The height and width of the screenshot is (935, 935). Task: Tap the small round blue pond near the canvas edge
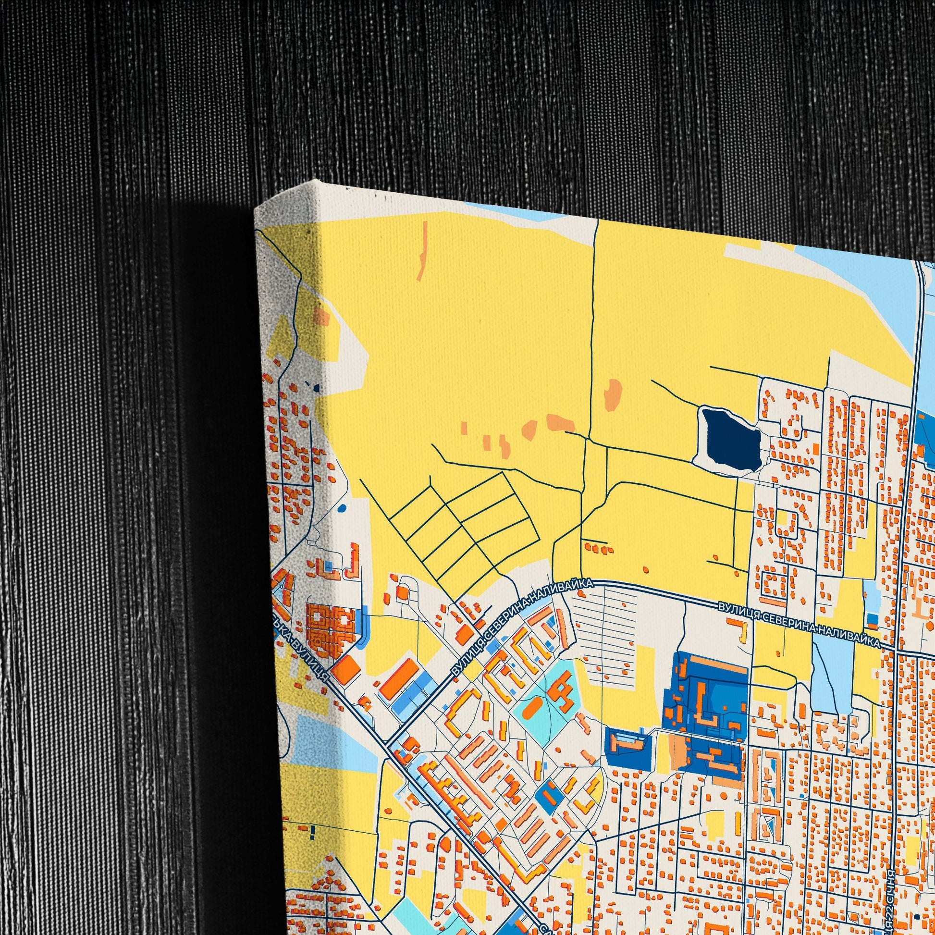click(x=342, y=509)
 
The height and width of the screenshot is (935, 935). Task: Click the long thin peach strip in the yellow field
click(x=423, y=251)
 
